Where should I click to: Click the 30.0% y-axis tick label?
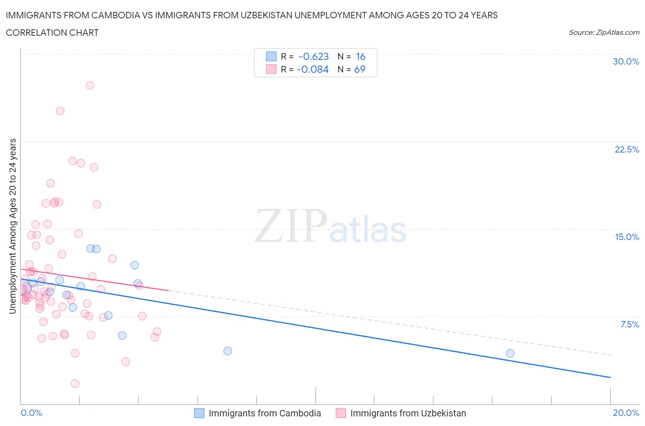626,62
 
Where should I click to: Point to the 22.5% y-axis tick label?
627,150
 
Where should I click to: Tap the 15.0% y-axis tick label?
627,237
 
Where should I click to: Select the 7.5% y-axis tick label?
629,325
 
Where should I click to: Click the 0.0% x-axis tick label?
31,413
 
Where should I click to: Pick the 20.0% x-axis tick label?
626,413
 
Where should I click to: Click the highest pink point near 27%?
90,85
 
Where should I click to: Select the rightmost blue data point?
510,353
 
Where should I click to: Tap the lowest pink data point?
75,383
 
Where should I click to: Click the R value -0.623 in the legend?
313,57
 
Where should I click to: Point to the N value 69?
360,70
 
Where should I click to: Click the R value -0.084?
312,70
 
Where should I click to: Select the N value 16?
361,57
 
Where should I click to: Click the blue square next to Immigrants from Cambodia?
199,413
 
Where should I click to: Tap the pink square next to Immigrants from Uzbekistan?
340,413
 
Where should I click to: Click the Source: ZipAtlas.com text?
604,33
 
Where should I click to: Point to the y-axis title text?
12,226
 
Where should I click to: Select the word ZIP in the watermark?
290,225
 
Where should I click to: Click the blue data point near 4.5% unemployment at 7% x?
228,351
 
